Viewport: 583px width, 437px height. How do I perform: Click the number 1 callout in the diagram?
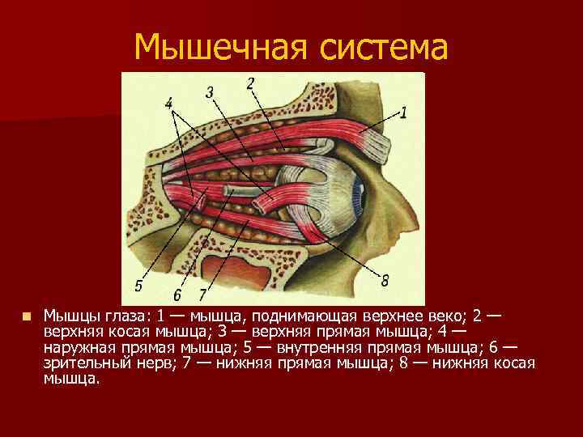pyautogui.click(x=403, y=112)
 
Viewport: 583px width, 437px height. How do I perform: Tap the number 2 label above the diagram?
pyautogui.click(x=250, y=83)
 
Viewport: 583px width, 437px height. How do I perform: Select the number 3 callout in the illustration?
pyautogui.click(x=210, y=93)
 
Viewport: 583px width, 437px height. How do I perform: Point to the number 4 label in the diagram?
pyautogui.click(x=168, y=104)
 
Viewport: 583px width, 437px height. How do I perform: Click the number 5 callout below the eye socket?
pyautogui.click(x=138, y=285)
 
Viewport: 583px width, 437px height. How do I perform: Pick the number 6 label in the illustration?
pyautogui.click(x=177, y=291)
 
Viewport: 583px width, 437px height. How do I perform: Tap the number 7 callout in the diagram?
pyautogui.click(x=203, y=291)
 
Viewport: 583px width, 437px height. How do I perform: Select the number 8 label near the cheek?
pyautogui.click(x=385, y=281)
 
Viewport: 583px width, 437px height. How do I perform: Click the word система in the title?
pyautogui.click(x=379, y=49)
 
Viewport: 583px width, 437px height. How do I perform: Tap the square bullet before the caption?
pyautogui.click(x=26, y=316)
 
